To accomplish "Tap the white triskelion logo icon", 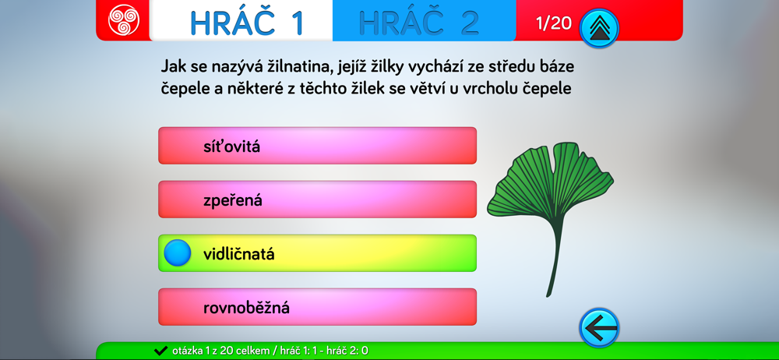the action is [x=124, y=20].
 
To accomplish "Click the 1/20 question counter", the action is [x=554, y=23].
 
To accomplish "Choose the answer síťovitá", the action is [x=318, y=146].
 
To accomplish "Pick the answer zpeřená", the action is [x=318, y=199].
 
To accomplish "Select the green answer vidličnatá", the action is [x=318, y=253].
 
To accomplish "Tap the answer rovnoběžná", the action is [x=318, y=307].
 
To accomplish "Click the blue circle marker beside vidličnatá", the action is [x=178, y=253].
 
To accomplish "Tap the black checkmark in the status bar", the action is [x=160, y=351].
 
